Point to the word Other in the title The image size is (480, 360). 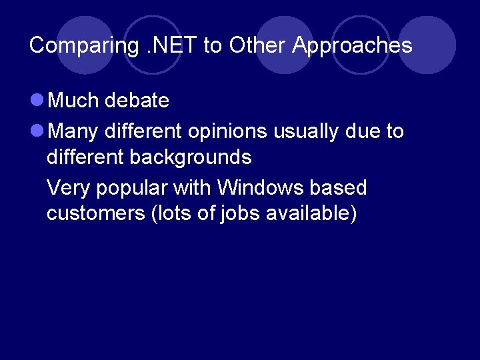coord(251,45)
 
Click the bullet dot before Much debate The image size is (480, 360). coord(37,101)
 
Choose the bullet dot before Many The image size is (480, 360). coord(37,132)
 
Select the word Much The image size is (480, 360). coord(73,101)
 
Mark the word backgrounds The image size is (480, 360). coord(191,157)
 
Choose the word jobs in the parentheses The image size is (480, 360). coord(241,214)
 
